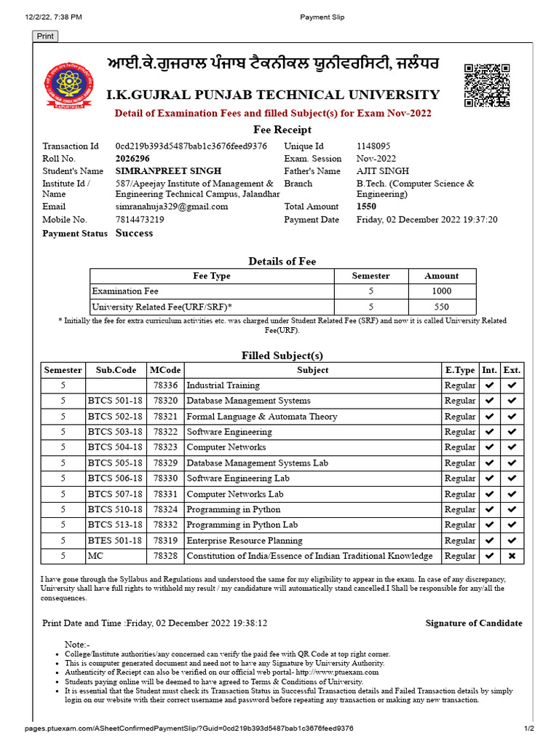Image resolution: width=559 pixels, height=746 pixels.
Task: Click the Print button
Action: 45,36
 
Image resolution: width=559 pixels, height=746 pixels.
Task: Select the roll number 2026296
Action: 133,159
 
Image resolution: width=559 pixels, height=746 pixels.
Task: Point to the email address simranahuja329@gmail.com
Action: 172,207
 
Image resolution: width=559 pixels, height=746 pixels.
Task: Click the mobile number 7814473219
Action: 140,219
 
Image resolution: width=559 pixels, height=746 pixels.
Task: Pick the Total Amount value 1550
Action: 366,207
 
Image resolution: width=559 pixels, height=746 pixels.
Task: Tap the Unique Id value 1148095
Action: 373,146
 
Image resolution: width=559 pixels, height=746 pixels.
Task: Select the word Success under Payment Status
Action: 135,233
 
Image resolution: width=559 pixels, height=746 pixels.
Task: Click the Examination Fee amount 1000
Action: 442,291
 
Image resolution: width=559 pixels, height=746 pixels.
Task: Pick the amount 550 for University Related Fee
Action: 442,307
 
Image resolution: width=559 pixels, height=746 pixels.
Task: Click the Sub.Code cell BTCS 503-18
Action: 115,432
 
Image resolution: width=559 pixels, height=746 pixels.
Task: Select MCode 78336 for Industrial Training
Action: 165,385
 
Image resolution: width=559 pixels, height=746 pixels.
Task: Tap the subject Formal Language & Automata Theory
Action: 262,417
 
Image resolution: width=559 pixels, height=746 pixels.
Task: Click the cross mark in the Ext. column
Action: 512,556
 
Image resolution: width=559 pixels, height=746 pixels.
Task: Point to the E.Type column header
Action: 460,370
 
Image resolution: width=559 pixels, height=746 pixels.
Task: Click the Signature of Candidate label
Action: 474,623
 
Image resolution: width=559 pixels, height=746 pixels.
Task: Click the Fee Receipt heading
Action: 282,130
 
